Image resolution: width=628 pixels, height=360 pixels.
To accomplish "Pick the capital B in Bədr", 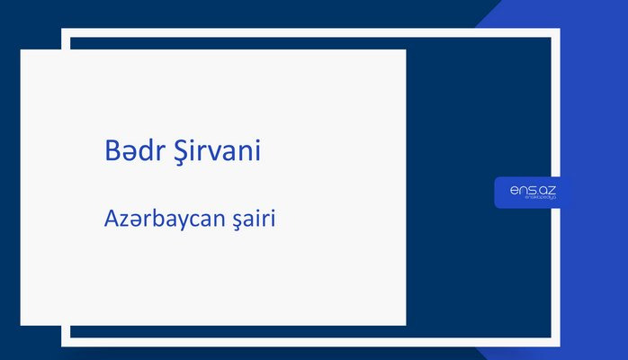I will pos(112,151).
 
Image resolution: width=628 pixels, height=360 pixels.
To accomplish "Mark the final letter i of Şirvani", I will pos(258,151).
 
